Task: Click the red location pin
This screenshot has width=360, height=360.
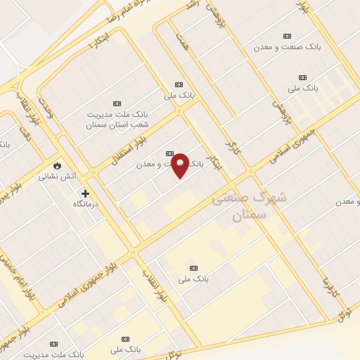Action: (180, 165)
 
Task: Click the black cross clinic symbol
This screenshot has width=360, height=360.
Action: (85, 193)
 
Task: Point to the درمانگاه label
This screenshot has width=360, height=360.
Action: (89, 203)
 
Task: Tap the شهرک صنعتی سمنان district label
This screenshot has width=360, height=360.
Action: (249, 207)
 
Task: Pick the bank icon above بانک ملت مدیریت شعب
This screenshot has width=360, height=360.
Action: (117, 103)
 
